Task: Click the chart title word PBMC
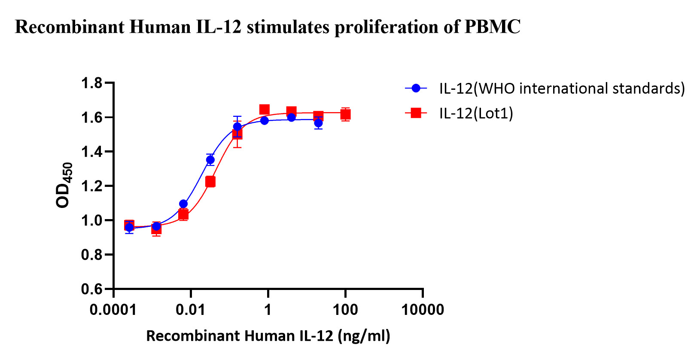pyautogui.click(x=493, y=27)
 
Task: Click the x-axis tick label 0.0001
pyautogui.click(x=113, y=309)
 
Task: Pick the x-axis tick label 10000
pyautogui.click(x=423, y=309)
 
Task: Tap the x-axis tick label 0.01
pyautogui.click(x=191, y=309)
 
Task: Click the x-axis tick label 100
pyautogui.click(x=345, y=309)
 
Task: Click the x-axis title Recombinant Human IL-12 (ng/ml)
pyautogui.click(x=268, y=336)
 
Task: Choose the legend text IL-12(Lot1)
pyautogui.click(x=476, y=113)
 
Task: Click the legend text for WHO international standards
pyautogui.click(x=562, y=88)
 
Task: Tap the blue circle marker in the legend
pyautogui.click(x=416, y=88)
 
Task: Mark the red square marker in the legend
pyautogui.click(x=416, y=113)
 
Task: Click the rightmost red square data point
pyautogui.click(x=345, y=114)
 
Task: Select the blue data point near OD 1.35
pyautogui.click(x=210, y=160)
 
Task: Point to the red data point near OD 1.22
pyautogui.click(x=210, y=182)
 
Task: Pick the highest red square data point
pyautogui.click(x=265, y=110)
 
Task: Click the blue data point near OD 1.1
pyautogui.click(x=183, y=204)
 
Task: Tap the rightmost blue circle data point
pyautogui.click(x=318, y=123)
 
